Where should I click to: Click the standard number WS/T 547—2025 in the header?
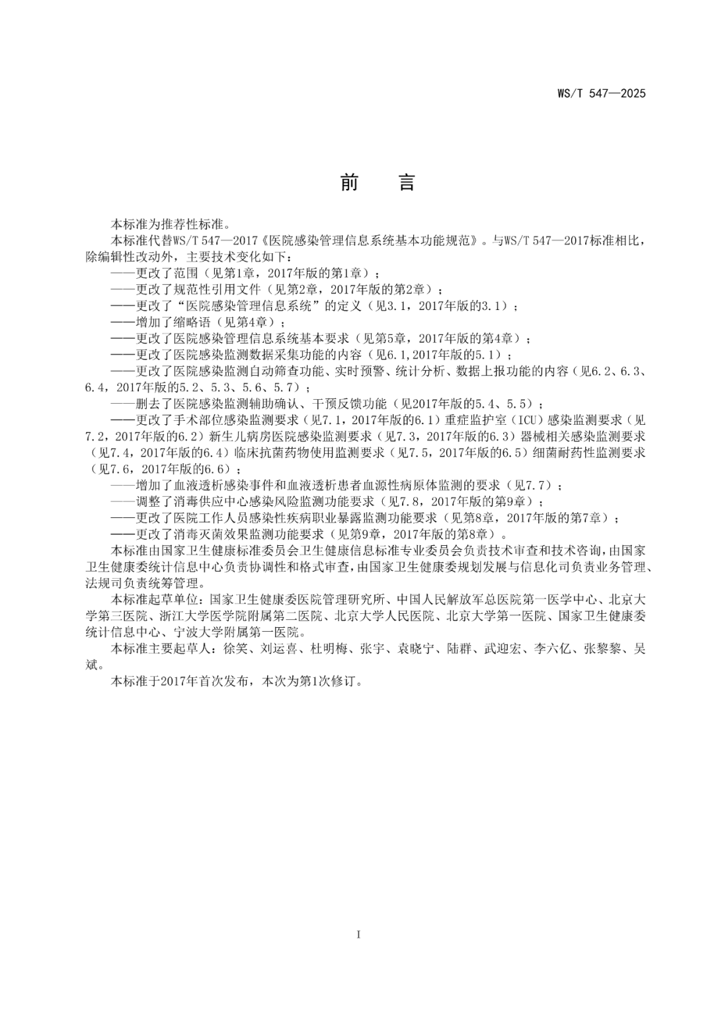point(598,93)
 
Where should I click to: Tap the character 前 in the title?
point(349,182)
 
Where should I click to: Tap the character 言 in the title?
point(407,182)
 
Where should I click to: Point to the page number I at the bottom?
point(358,934)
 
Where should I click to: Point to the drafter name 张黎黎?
point(602,648)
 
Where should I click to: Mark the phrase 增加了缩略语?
point(174,322)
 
